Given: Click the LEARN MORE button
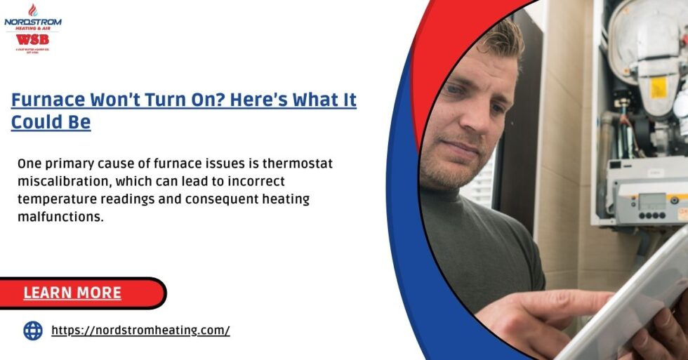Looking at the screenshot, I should coord(72,293).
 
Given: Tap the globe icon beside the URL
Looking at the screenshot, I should coord(33,331).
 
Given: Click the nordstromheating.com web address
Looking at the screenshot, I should coord(140,330).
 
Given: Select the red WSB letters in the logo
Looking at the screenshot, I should coord(33,39).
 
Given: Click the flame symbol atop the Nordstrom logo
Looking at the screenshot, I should coord(33,10).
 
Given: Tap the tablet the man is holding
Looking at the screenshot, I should coord(618,302).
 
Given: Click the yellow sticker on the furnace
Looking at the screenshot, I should coord(658,87).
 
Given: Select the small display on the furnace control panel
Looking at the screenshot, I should coord(652,198).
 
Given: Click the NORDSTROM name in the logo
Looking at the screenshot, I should coord(33,22).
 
